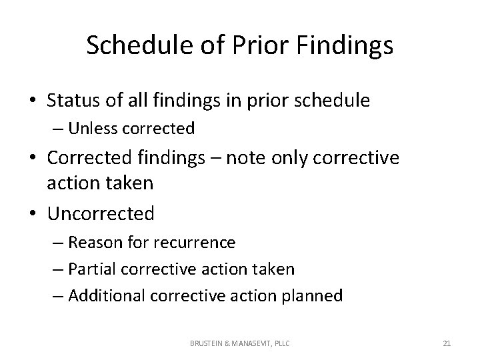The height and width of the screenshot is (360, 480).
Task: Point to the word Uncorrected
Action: [x=101, y=213]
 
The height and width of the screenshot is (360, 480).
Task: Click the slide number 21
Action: [x=447, y=343]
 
